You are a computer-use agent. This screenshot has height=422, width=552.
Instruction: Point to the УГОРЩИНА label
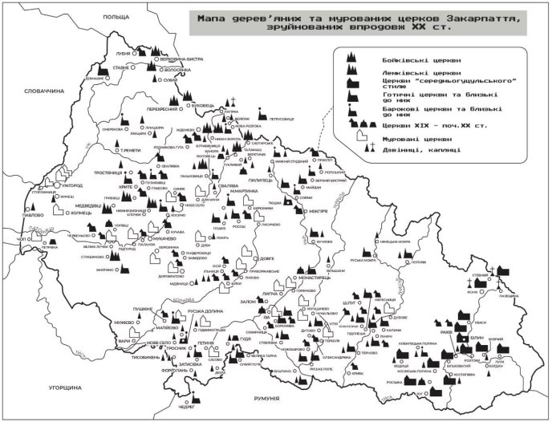[x=63, y=387]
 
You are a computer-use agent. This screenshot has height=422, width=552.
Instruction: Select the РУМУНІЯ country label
[x=266, y=399]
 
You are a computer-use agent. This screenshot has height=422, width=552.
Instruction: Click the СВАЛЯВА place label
[x=209, y=183]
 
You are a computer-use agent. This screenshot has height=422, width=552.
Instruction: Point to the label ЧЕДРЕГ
[x=187, y=407]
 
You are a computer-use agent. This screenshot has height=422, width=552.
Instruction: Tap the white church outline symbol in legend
[x=356, y=137]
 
